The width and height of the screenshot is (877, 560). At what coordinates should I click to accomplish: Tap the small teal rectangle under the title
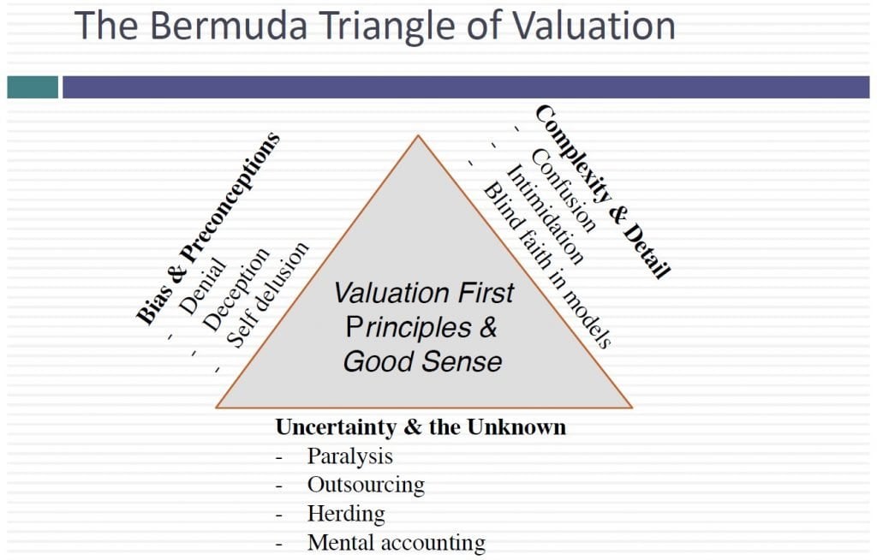click(x=33, y=87)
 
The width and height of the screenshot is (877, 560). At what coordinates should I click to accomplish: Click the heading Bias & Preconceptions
click(x=208, y=228)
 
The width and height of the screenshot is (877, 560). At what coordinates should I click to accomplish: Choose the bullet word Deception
click(x=236, y=289)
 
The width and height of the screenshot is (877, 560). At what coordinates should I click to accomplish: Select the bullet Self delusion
click(x=267, y=295)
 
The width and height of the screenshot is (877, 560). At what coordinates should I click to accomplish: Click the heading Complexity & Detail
click(x=603, y=191)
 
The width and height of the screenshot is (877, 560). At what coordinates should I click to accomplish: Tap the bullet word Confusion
click(x=563, y=190)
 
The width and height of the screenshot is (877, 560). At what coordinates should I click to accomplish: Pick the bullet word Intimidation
click(x=545, y=214)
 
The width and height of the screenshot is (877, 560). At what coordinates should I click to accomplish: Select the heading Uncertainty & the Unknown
click(x=421, y=427)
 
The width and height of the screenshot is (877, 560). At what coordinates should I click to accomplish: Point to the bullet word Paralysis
click(x=350, y=456)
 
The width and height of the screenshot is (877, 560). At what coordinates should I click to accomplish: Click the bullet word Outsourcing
click(x=366, y=485)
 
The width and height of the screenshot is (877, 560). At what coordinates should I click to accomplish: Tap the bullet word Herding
click(x=346, y=514)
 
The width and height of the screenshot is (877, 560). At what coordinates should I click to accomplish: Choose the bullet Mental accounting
click(x=397, y=543)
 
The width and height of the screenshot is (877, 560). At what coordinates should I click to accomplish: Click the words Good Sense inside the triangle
click(x=423, y=361)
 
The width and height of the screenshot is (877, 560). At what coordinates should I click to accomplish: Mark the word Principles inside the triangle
click(x=409, y=327)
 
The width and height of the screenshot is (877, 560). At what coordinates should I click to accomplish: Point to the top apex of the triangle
click(x=418, y=135)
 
